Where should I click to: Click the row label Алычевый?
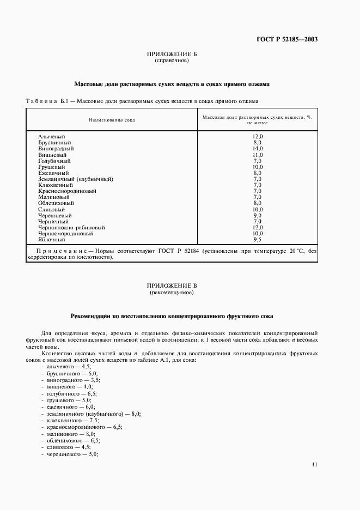tap(52, 136)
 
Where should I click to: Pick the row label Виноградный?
tap(56, 149)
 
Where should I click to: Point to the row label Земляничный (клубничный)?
tap(76, 179)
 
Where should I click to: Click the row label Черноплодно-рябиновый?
tap(71, 228)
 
